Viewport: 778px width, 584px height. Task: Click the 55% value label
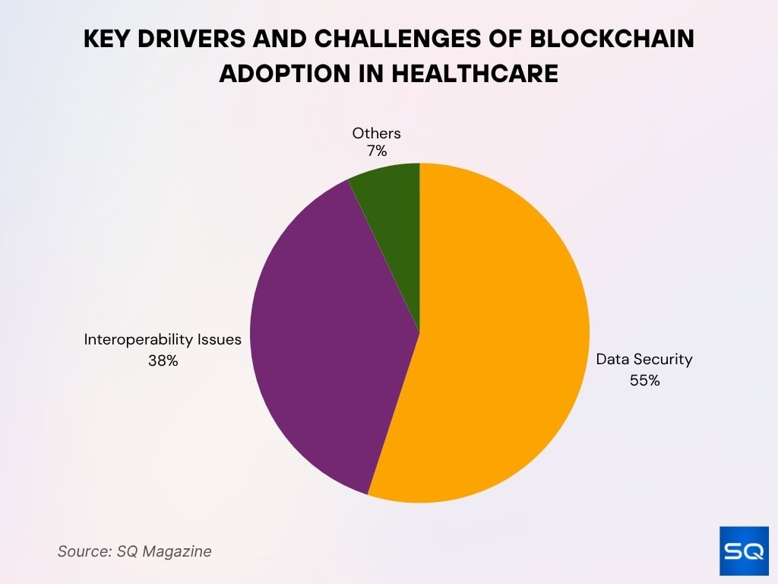click(x=644, y=380)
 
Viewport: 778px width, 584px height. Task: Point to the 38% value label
click(x=163, y=360)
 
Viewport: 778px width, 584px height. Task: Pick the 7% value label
click(x=376, y=151)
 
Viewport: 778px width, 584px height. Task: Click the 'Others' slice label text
click(x=376, y=134)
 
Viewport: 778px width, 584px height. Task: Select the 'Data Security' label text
click(x=644, y=359)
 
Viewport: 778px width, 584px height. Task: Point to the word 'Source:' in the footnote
click(x=83, y=551)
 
